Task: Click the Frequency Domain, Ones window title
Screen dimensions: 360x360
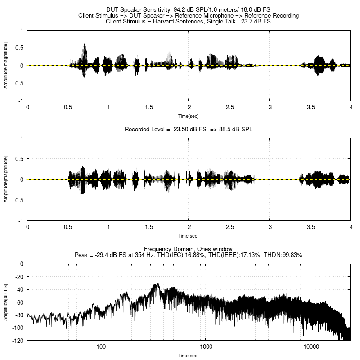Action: point(189,249)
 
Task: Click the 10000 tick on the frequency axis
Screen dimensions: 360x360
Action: point(311,347)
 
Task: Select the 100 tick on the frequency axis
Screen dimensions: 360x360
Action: point(101,347)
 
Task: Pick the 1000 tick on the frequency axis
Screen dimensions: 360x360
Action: point(206,347)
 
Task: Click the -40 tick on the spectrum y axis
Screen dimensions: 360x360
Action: point(19,289)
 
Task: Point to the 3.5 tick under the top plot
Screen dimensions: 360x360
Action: point(310,108)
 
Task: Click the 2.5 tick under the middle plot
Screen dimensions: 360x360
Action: point(229,227)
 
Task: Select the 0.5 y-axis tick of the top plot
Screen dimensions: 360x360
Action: point(20,48)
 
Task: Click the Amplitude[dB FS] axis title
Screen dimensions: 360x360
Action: point(6,302)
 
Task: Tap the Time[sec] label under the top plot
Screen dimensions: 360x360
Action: point(189,116)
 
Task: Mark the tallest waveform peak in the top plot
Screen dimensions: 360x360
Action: point(85,45)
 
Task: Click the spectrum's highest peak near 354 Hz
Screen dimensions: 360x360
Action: point(156,284)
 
